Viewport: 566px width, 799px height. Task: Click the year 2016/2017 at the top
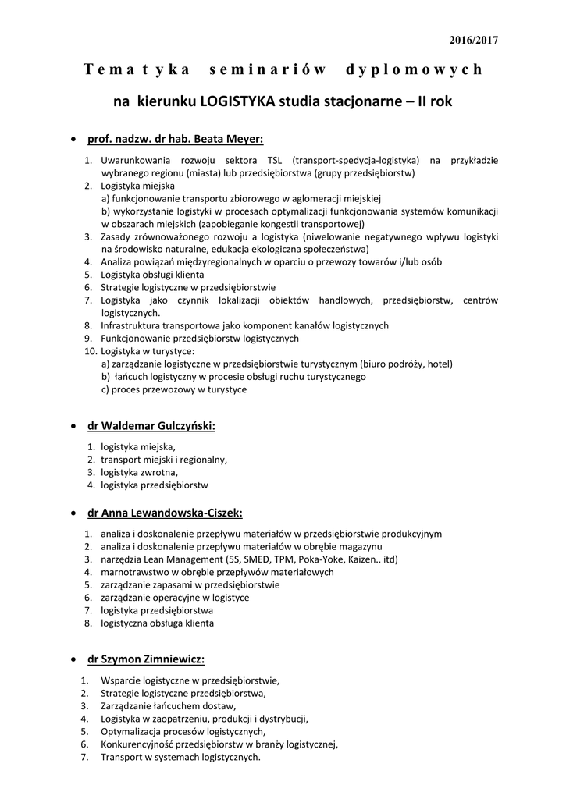pos(474,40)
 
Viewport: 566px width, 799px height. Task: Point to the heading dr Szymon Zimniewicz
pos(146,659)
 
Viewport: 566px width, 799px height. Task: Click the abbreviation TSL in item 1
pos(275,160)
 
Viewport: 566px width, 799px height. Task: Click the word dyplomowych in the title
pos(414,70)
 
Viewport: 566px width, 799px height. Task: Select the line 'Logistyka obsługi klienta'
pos(152,275)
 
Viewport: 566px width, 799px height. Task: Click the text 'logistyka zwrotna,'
pos(139,472)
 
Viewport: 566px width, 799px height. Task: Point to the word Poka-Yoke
pos(308,559)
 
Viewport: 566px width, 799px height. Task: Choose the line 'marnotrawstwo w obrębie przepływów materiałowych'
pos(217,572)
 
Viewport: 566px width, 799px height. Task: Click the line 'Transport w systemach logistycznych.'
pos(180,757)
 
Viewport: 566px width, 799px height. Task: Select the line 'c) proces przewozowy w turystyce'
pos(174,389)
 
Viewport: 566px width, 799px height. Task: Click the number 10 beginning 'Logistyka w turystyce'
pos(89,351)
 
